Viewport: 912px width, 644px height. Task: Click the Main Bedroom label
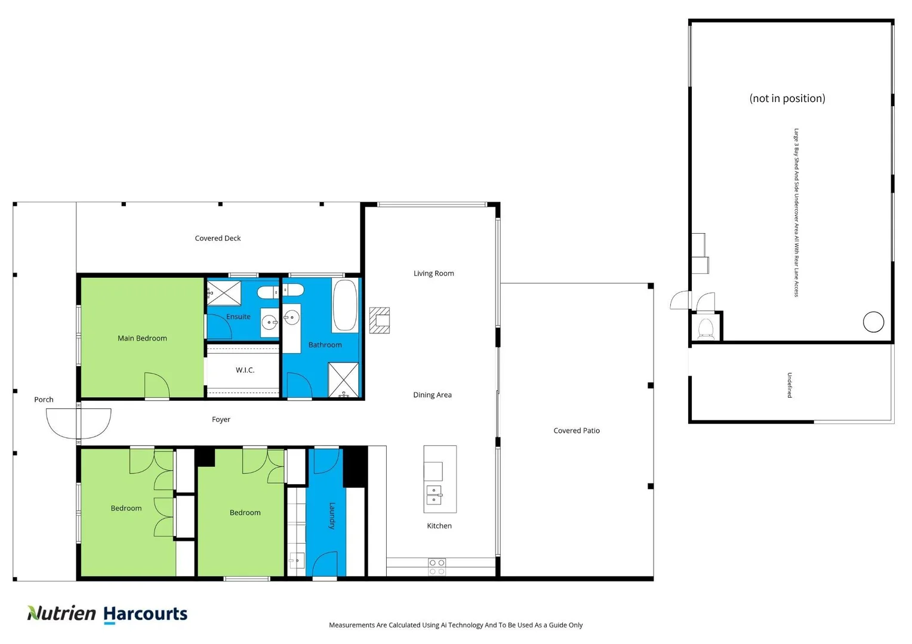(142, 338)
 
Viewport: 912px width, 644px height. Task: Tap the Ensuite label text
(238, 317)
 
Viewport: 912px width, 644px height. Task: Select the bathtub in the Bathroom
(344, 305)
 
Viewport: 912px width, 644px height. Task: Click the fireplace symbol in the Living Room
(380, 320)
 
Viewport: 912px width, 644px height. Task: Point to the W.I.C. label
(245, 370)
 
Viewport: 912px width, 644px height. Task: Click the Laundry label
(332, 516)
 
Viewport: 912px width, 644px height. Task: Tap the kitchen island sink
(434, 495)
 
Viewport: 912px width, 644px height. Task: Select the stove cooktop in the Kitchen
(437, 566)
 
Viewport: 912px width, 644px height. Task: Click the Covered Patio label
(576, 431)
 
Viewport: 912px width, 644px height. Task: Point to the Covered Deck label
(217, 239)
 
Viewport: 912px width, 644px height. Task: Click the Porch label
(44, 400)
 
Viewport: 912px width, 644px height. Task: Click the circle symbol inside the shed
(873, 322)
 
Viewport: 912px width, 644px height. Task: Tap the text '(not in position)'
(787, 98)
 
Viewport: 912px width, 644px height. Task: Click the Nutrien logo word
(61, 614)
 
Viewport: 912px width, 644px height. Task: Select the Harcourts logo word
(145, 614)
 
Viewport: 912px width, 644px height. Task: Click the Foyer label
(221, 420)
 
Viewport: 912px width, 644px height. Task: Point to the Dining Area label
(432, 395)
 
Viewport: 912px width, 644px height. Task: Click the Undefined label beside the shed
(789, 385)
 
